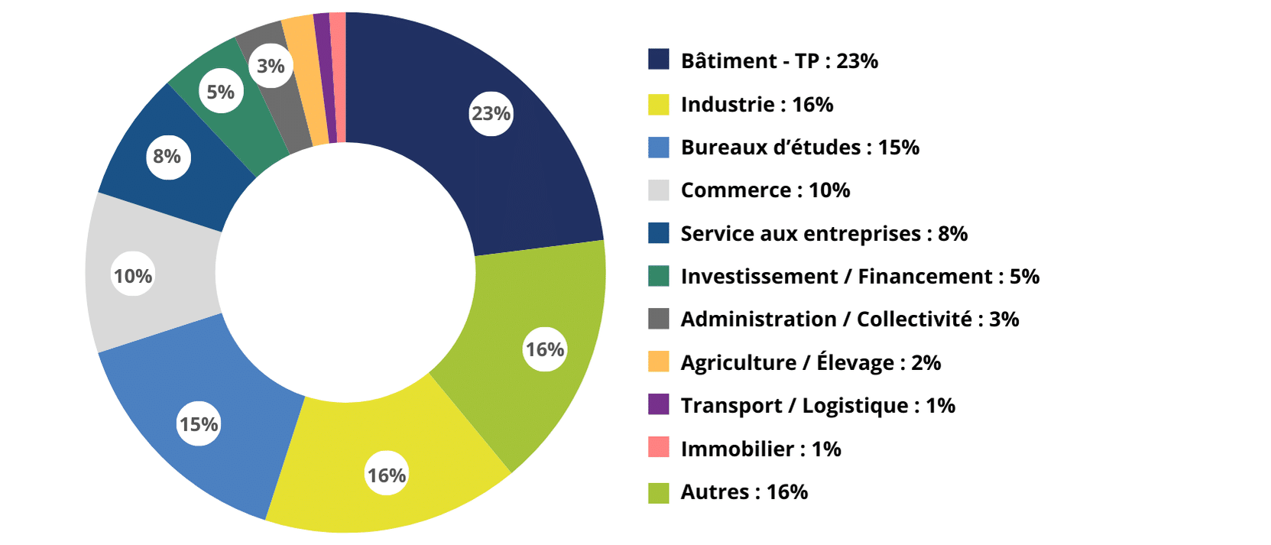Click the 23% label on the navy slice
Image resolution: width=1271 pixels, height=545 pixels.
(491, 113)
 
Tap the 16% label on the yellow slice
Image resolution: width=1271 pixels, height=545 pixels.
(387, 475)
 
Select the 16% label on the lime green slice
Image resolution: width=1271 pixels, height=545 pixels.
(545, 349)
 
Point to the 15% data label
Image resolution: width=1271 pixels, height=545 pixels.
(199, 424)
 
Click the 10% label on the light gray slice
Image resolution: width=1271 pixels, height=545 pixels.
(133, 276)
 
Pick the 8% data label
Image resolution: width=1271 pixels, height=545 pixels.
(167, 157)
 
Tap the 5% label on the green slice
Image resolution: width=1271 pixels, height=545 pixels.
(221, 92)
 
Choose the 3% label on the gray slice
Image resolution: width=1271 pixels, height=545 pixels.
(271, 66)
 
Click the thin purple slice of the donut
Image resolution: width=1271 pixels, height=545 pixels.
(323, 76)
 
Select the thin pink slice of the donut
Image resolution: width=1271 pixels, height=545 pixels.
(338, 76)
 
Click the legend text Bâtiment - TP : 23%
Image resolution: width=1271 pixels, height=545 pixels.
(779, 61)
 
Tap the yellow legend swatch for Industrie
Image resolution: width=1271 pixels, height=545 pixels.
(658, 104)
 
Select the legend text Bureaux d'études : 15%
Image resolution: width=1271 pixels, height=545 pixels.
(799, 147)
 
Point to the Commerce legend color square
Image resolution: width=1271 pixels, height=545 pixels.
(658, 190)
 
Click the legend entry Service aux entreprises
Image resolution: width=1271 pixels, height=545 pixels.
(823, 234)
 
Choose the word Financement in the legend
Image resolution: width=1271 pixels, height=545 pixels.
(925, 277)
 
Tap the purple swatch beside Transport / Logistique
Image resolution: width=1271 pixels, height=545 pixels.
(658, 404)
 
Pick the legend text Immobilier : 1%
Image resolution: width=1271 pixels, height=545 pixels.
(760, 449)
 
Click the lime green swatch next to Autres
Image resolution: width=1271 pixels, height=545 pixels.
(658, 492)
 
